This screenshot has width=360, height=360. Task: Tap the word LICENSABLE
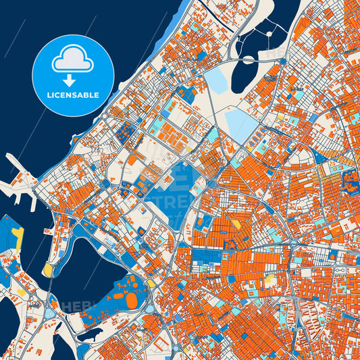[73, 95]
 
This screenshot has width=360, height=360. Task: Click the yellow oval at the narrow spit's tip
[48, 270]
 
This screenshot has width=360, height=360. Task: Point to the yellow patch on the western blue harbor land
[18, 236]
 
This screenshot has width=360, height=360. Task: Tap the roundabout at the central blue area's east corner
[211, 183]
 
